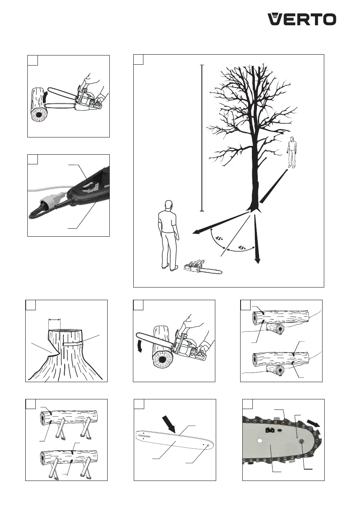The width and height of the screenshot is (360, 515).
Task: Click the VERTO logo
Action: [302, 19]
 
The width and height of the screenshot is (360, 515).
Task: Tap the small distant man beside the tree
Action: [292, 152]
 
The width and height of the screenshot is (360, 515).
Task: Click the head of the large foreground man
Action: [169, 205]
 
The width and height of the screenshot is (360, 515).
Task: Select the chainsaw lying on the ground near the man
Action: [203, 267]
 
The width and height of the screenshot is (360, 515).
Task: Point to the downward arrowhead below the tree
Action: [257, 261]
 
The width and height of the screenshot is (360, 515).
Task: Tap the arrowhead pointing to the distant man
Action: [286, 171]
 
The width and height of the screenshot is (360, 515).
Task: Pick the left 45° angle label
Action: [219, 239]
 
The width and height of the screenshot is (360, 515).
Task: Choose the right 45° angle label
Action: [242, 248]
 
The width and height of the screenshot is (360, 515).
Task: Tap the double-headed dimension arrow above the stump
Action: [55, 320]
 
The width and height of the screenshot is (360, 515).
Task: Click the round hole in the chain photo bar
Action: [260, 441]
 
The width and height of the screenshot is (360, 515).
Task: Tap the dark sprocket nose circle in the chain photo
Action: [301, 441]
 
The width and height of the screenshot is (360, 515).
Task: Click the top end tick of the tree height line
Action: [202, 65]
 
